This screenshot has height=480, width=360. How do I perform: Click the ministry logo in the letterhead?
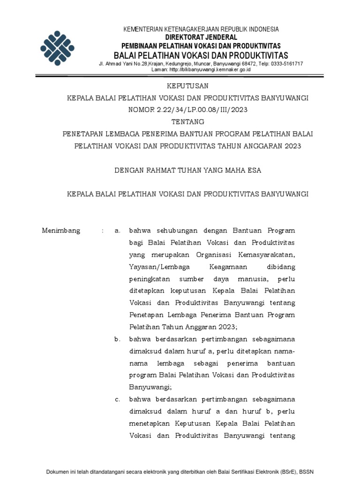57,48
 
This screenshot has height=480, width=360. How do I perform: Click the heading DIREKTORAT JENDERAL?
201,37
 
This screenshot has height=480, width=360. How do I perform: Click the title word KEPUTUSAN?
187,86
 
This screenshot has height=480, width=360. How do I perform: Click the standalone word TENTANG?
187,122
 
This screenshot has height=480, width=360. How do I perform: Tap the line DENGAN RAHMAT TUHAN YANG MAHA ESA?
187,171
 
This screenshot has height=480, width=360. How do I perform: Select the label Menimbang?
61,231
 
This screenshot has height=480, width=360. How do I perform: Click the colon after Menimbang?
102,231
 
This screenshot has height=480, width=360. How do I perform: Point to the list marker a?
118,231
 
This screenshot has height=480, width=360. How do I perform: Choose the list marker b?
118,339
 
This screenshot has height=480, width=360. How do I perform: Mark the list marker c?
118,399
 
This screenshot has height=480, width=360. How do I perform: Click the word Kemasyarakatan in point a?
267,255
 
